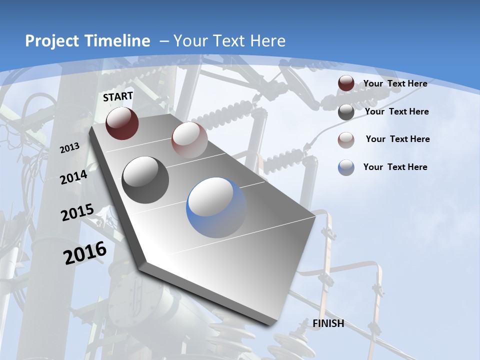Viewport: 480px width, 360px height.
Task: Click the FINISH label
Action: click(x=328, y=323)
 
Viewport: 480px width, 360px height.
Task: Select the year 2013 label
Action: click(x=69, y=147)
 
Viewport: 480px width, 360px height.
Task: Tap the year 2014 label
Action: click(x=73, y=177)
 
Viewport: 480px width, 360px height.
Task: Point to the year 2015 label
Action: click(x=77, y=212)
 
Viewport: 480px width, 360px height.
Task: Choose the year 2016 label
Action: click(x=85, y=253)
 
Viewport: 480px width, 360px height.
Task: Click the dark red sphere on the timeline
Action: click(x=122, y=123)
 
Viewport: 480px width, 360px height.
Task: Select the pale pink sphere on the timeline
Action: click(x=189, y=139)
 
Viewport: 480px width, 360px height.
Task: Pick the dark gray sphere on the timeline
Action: click(x=145, y=179)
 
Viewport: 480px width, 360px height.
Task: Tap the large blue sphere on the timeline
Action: click(x=217, y=207)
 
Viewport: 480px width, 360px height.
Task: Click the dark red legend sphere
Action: click(x=346, y=83)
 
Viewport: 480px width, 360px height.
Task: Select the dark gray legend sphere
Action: click(x=346, y=112)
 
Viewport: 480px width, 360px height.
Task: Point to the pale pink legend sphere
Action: click(x=346, y=139)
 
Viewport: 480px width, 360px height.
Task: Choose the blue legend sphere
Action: click(x=346, y=167)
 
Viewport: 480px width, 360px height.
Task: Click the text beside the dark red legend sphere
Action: click(x=395, y=83)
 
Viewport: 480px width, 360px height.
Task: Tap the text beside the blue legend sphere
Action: click(x=395, y=167)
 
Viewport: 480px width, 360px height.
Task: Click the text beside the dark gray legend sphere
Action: click(x=396, y=111)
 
